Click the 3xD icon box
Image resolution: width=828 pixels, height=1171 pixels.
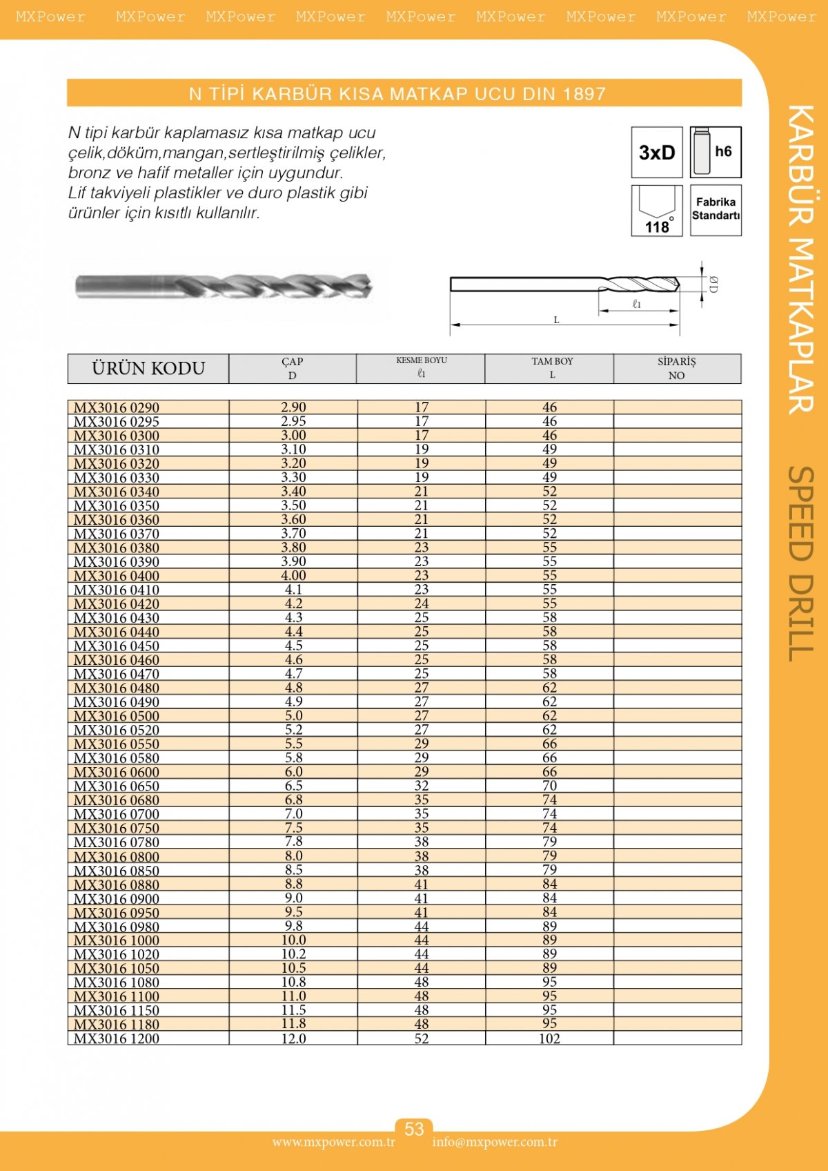pos(656,153)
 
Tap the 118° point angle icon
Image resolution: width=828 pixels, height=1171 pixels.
pos(656,211)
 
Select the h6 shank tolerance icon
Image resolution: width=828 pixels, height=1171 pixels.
pos(716,152)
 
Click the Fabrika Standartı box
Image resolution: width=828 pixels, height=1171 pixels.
pos(716,209)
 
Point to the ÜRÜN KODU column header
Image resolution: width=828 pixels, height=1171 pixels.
pos(148,369)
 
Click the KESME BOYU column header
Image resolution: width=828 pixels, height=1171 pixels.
pos(421,367)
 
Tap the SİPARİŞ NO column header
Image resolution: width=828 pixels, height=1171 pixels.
pos(676,369)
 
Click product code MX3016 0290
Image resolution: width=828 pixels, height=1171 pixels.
pos(117,407)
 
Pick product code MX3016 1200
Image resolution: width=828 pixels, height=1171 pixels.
pos(117,1038)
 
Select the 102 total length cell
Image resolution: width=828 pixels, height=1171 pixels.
pos(549,1038)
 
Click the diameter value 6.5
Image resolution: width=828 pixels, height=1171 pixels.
pos(293,786)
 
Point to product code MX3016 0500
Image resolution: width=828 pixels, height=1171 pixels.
pos(117,716)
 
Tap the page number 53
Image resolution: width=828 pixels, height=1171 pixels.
pos(414,1129)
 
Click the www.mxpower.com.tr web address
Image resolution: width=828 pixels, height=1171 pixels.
pos(333,1142)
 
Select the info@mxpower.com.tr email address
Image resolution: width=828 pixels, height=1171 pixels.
pos(495,1142)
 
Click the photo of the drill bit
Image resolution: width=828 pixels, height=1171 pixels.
pos(224,286)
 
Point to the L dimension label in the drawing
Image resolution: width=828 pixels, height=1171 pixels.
pos(557,320)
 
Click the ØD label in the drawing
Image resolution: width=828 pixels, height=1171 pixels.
pos(713,284)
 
